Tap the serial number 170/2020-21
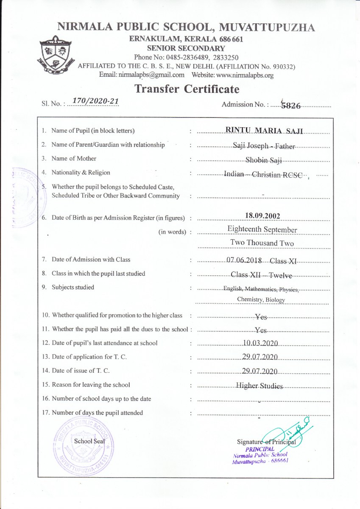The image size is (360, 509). [x=95, y=101]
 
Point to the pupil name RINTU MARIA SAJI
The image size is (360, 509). [x=264, y=131]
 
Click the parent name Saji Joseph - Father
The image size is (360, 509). [x=264, y=145]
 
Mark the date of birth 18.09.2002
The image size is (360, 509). [x=262, y=216]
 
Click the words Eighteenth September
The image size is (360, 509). [x=262, y=230]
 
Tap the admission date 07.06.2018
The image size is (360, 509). [x=245, y=260]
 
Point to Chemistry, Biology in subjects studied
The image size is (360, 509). [x=261, y=300]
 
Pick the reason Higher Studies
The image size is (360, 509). [x=260, y=386]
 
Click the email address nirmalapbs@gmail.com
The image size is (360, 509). [x=142, y=75]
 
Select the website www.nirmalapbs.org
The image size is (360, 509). [x=244, y=75]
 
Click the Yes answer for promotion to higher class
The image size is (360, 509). [x=261, y=316]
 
